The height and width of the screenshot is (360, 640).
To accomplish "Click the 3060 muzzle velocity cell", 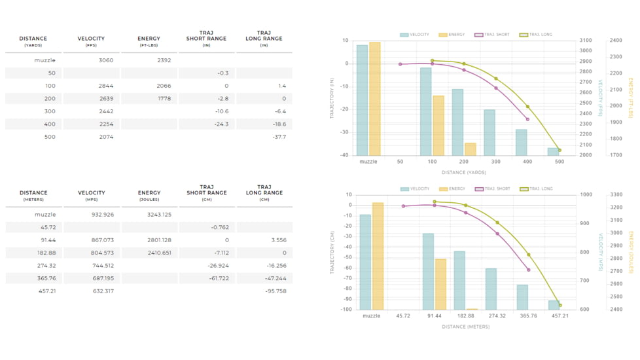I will point(105,60).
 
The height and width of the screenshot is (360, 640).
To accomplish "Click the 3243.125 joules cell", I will point(159,215).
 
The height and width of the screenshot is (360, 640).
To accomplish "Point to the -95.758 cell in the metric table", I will point(276,291).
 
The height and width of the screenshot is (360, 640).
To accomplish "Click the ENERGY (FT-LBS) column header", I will point(149,41).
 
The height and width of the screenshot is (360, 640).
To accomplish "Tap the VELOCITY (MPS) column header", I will point(92,196).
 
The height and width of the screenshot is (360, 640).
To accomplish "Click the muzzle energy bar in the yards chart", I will point(375,98).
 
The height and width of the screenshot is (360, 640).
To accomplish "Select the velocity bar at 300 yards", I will point(489,132).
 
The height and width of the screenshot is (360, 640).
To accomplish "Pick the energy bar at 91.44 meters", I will point(441,284).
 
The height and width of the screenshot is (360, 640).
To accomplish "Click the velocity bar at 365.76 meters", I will point(522,297).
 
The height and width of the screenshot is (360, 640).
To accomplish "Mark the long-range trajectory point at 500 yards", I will point(560,151).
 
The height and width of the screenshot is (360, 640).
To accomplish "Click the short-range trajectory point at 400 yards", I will point(527,119).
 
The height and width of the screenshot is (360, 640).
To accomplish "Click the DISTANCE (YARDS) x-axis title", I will point(463,173).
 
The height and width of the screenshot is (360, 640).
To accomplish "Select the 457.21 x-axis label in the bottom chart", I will point(560,315).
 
